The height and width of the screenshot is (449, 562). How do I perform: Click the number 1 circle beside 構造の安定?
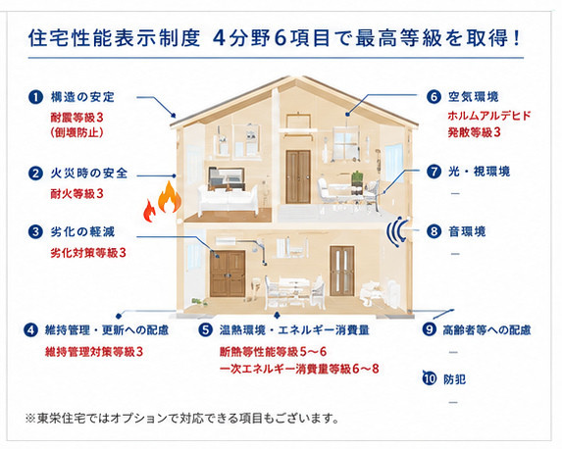coord(36,97)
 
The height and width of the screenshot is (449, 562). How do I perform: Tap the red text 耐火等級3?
coord(77,194)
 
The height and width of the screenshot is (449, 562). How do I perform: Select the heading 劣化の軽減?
coord(82,231)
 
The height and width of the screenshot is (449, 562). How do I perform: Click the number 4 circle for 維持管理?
coord(30,330)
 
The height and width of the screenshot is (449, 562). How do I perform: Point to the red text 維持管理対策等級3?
coord(94,352)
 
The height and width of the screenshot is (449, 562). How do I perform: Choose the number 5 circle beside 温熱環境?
coord(206,330)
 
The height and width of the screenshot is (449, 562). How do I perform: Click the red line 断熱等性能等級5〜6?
coord(273,352)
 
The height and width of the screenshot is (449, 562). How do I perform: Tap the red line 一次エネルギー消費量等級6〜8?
coord(299,369)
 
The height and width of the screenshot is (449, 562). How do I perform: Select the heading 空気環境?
coord(473,97)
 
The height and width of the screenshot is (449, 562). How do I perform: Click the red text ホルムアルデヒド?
coord(488,116)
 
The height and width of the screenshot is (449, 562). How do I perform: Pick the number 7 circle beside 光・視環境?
coord(434,172)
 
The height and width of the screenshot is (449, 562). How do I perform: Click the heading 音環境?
coord(467,231)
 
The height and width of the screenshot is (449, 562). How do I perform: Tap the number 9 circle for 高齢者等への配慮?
coord(429,329)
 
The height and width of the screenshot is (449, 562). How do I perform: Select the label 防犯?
coord(454,379)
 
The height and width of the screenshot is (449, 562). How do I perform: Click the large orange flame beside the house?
coord(169,197)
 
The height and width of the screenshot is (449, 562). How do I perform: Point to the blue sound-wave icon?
coord(397,231)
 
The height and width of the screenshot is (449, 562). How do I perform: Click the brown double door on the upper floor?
coord(298,176)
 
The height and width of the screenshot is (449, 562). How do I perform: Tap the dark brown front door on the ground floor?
coord(228,274)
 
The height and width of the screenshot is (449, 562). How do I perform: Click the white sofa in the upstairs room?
coord(228,201)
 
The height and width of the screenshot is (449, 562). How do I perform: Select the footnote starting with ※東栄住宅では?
coord(182,418)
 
